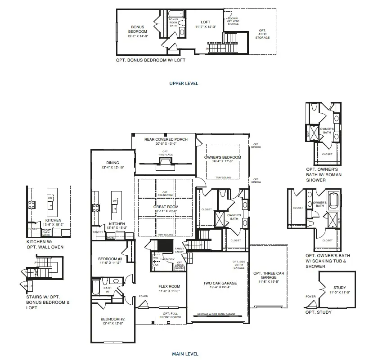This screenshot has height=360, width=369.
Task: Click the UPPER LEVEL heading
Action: (184, 83)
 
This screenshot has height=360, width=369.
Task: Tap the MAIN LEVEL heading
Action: (185, 354)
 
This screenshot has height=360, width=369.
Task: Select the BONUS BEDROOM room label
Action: (137, 29)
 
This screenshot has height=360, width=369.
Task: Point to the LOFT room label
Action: (206, 22)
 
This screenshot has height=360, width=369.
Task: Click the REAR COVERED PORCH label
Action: (166, 139)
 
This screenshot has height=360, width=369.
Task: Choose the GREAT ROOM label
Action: (166, 207)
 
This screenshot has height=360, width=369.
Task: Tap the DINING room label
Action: (112, 163)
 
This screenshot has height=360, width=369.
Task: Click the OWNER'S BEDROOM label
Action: (223, 157)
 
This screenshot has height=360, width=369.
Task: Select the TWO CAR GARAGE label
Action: (220, 283)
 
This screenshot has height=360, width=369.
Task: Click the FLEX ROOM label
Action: (169, 286)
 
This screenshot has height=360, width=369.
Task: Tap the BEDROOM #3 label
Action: (110, 259)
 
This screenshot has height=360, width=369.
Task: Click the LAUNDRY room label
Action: (169, 259)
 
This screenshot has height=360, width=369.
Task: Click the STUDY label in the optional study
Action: (340, 288)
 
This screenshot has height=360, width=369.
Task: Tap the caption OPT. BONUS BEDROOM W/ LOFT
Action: (150, 60)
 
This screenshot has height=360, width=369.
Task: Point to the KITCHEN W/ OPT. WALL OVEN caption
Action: (45, 244)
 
